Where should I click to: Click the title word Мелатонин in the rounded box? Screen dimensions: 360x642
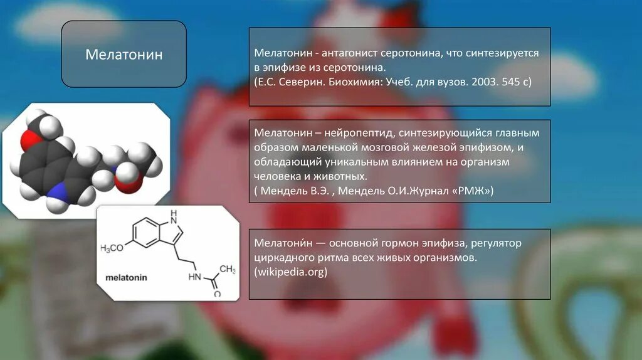pos(124,55)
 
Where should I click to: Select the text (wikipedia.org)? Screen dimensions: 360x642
pos(291,272)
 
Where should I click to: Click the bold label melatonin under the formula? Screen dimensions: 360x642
pos(125,277)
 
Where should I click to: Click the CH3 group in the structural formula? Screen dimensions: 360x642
pos(228,270)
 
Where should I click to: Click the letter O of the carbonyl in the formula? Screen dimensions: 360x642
pos(217,294)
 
